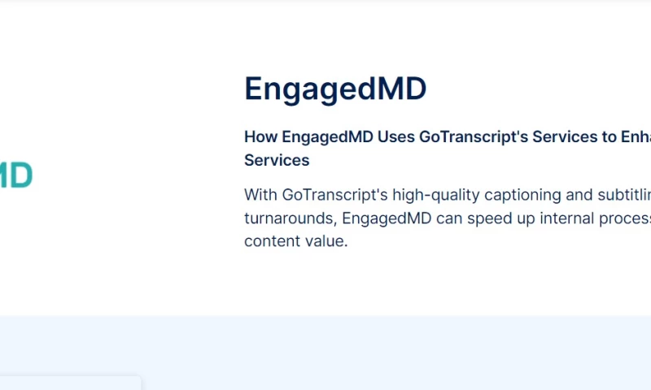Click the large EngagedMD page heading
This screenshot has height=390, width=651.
point(335,89)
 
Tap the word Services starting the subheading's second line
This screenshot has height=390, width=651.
point(277,160)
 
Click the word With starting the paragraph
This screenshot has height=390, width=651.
point(260,195)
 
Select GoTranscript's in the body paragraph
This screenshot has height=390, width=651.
point(334,195)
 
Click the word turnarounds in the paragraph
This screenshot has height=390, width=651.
point(289,219)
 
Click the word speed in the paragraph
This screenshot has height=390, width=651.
point(493,219)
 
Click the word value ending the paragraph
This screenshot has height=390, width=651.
point(327,241)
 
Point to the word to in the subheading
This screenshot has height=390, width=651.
point(608,136)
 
